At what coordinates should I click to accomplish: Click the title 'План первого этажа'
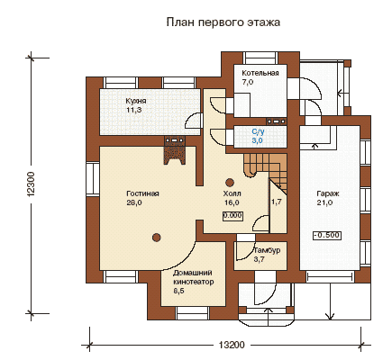(x=223, y=22)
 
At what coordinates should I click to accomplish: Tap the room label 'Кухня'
(x=136, y=101)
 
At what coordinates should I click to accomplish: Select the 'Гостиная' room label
(x=142, y=193)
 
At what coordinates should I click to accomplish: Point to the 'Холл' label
(x=232, y=193)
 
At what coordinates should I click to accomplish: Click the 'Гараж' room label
(x=328, y=193)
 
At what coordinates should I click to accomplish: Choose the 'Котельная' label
(x=260, y=73)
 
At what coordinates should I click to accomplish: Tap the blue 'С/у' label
(x=258, y=131)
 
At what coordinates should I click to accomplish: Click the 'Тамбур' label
(x=267, y=250)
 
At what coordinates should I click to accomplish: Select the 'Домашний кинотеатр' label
(x=194, y=277)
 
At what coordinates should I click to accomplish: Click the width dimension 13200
(x=232, y=345)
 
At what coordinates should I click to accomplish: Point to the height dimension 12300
(x=32, y=184)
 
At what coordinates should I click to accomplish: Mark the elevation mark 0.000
(x=232, y=216)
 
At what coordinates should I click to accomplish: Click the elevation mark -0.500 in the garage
(x=327, y=235)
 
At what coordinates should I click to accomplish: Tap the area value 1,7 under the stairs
(x=277, y=202)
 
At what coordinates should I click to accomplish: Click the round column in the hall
(x=230, y=183)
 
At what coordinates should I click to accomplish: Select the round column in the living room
(x=156, y=238)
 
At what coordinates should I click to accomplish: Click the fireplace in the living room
(x=175, y=150)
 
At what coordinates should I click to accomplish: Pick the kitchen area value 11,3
(x=134, y=110)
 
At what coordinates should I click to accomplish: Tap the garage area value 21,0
(x=324, y=202)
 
